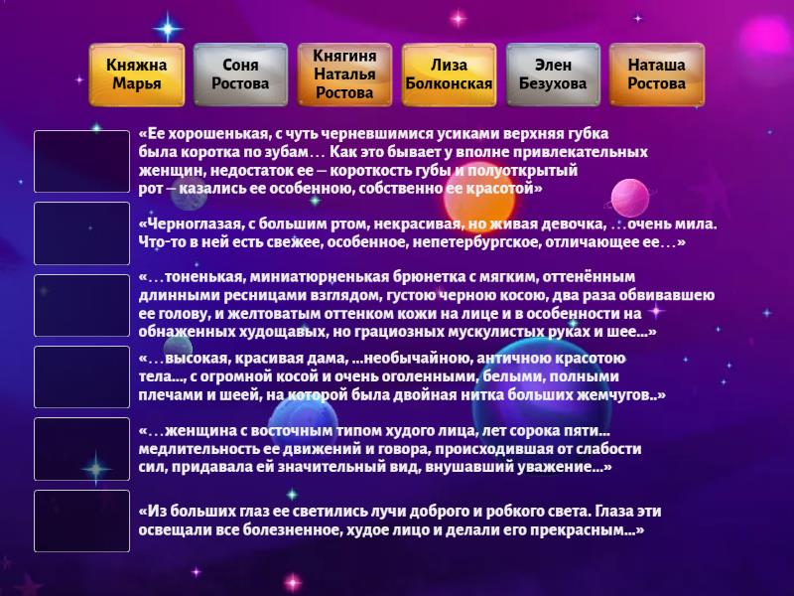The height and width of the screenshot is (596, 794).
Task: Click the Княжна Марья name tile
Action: (137, 74)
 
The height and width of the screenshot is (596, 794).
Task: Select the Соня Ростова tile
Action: (240, 74)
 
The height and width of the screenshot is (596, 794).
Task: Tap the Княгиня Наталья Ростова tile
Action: (344, 74)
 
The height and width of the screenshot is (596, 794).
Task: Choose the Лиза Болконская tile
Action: (449, 74)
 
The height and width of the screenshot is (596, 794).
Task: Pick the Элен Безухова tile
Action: (553, 74)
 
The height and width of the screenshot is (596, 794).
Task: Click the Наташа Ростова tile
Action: (656, 74)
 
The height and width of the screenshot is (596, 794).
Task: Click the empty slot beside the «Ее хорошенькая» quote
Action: (81, 162)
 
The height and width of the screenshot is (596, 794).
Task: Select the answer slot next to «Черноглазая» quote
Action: (81, 233)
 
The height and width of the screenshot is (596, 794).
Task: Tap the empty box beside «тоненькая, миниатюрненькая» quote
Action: (81, 305)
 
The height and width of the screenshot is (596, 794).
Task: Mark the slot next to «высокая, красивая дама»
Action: (81, 376)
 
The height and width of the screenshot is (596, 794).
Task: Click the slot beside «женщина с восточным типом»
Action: (81, 448)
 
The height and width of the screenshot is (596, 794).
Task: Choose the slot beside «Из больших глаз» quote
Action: (81, 521)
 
